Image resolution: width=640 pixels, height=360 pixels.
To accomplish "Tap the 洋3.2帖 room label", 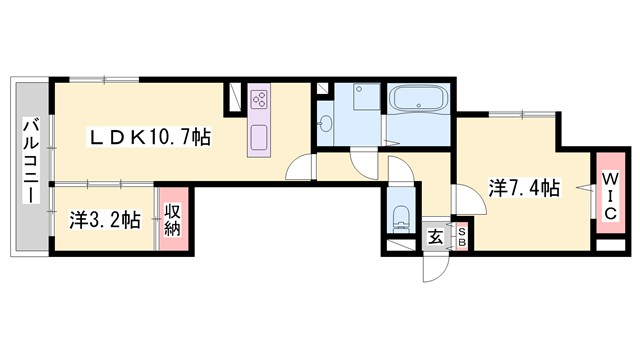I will point(104,220).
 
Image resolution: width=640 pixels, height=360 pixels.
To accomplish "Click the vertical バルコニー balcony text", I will point(31,161).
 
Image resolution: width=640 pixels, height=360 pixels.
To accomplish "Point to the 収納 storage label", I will point(173,219).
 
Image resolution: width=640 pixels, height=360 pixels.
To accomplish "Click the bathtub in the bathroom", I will point(420,102).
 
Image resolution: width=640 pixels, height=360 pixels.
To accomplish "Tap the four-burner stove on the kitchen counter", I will point(260,100).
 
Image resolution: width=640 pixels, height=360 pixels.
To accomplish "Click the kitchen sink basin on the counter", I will point(257,136).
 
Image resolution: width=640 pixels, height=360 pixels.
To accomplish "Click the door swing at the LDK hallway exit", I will point(300,168).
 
